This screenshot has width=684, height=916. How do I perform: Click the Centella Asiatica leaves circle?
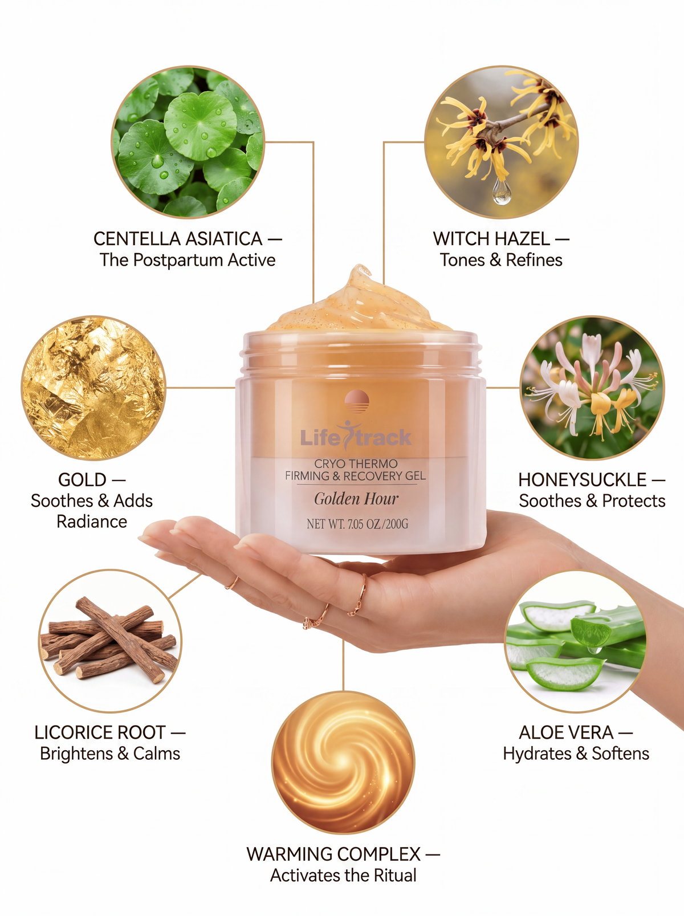(x=188, y=142)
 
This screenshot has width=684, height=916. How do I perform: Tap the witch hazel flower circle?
(x=501, y=142)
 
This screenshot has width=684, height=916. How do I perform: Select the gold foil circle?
(x=93, y=388)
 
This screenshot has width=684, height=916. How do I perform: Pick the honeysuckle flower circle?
(x=592, y=388)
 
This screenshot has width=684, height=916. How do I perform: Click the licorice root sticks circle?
(x=110, y=641)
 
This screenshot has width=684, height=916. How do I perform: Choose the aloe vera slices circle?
(x=576, y=641)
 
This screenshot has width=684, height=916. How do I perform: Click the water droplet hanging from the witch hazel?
(x=501, y=192)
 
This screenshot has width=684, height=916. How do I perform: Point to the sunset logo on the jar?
(x=357, y=401)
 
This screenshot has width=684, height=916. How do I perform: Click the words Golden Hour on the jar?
(x=356, y=499)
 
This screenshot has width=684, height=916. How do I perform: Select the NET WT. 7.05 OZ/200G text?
(x=357, y=524)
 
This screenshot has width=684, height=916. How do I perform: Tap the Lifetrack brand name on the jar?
(x=356, y=437)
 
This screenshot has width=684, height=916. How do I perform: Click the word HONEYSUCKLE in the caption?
(x=582, y=480)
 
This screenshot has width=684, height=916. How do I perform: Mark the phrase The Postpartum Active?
(x=188, y=260)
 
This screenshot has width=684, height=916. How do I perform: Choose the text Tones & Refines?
(x=501, y=260)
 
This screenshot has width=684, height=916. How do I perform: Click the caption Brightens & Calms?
(x=110, y=753)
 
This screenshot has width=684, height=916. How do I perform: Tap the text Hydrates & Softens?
(x=576, y=753)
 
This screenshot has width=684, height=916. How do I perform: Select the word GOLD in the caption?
(x=82, y=480)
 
